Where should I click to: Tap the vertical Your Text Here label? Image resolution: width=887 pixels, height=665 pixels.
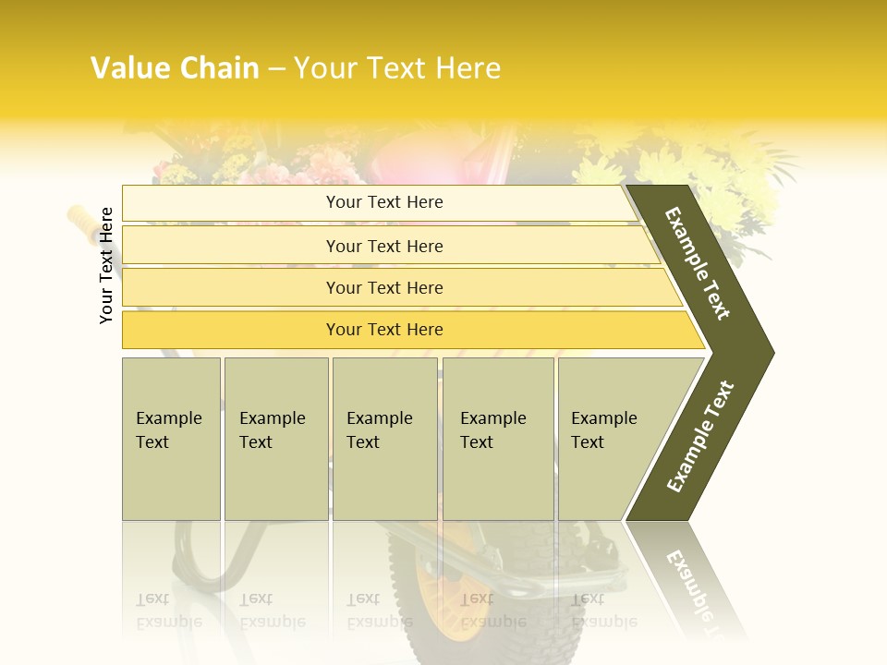tap(107, 265)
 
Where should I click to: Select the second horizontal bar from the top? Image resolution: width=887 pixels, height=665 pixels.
tap(383, 246)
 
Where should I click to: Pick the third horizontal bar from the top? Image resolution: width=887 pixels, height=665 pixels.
tap(383, 287)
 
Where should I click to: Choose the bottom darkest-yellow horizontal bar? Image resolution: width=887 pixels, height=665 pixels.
tap(383, 330)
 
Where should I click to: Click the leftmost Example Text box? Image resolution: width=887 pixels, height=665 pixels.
tap(171, 439)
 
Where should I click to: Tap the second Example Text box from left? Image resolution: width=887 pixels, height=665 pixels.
tap(275, 439)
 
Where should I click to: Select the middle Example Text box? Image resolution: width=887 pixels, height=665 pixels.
tap(384, 439)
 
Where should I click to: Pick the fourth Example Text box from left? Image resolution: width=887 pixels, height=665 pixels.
tap(498, 439)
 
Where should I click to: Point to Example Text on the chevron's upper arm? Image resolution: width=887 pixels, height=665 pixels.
tap(698, 263)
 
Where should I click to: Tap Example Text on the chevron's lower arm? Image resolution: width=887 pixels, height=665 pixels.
tap(699, 437)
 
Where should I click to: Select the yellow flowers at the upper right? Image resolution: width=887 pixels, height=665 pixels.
tap(730, 175)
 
